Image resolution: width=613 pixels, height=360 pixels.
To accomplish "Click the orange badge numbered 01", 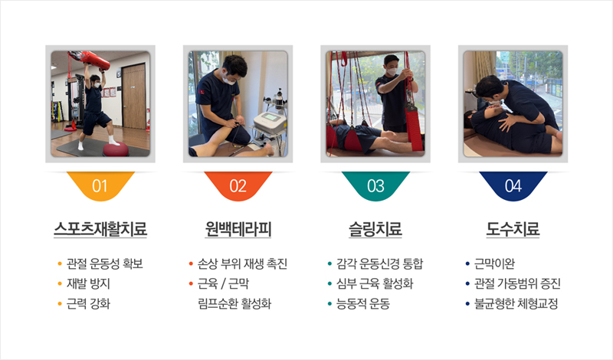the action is [100, 185].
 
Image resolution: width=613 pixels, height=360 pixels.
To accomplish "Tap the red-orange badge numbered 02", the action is [238, 185].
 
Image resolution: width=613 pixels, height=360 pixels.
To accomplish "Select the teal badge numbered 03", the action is [375, 185].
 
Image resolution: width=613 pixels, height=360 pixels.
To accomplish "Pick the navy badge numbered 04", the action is [513, 185].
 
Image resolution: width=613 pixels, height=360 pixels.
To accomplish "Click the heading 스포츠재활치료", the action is [100, 229].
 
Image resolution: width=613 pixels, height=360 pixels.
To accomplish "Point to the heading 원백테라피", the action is [238, 229].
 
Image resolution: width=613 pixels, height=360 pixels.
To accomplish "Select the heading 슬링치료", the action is [375, 229].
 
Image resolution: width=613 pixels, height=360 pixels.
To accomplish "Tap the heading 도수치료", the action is [513, 229].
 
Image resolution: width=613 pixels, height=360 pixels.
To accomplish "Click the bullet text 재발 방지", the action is [88, 283].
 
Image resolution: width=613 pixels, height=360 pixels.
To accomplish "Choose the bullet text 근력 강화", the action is [88, 304].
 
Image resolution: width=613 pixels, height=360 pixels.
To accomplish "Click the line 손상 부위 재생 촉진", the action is [242, 263].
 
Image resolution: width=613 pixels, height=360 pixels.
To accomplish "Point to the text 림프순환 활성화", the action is [234, 304].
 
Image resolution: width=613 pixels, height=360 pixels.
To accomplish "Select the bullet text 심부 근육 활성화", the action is [375, 283].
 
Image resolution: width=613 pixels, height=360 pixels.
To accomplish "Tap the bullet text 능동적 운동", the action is [363, 304].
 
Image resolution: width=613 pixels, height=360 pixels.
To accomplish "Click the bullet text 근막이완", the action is [494, 263].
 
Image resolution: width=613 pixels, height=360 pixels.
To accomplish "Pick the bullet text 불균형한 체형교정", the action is [516, 304].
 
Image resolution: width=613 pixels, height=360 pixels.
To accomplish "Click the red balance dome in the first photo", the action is [116, 149].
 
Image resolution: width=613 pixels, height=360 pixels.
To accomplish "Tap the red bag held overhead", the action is [90, 60].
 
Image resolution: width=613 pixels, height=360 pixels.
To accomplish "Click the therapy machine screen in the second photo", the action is [270, 117].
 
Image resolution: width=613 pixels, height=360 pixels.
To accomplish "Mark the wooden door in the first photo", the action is [133, 97].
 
